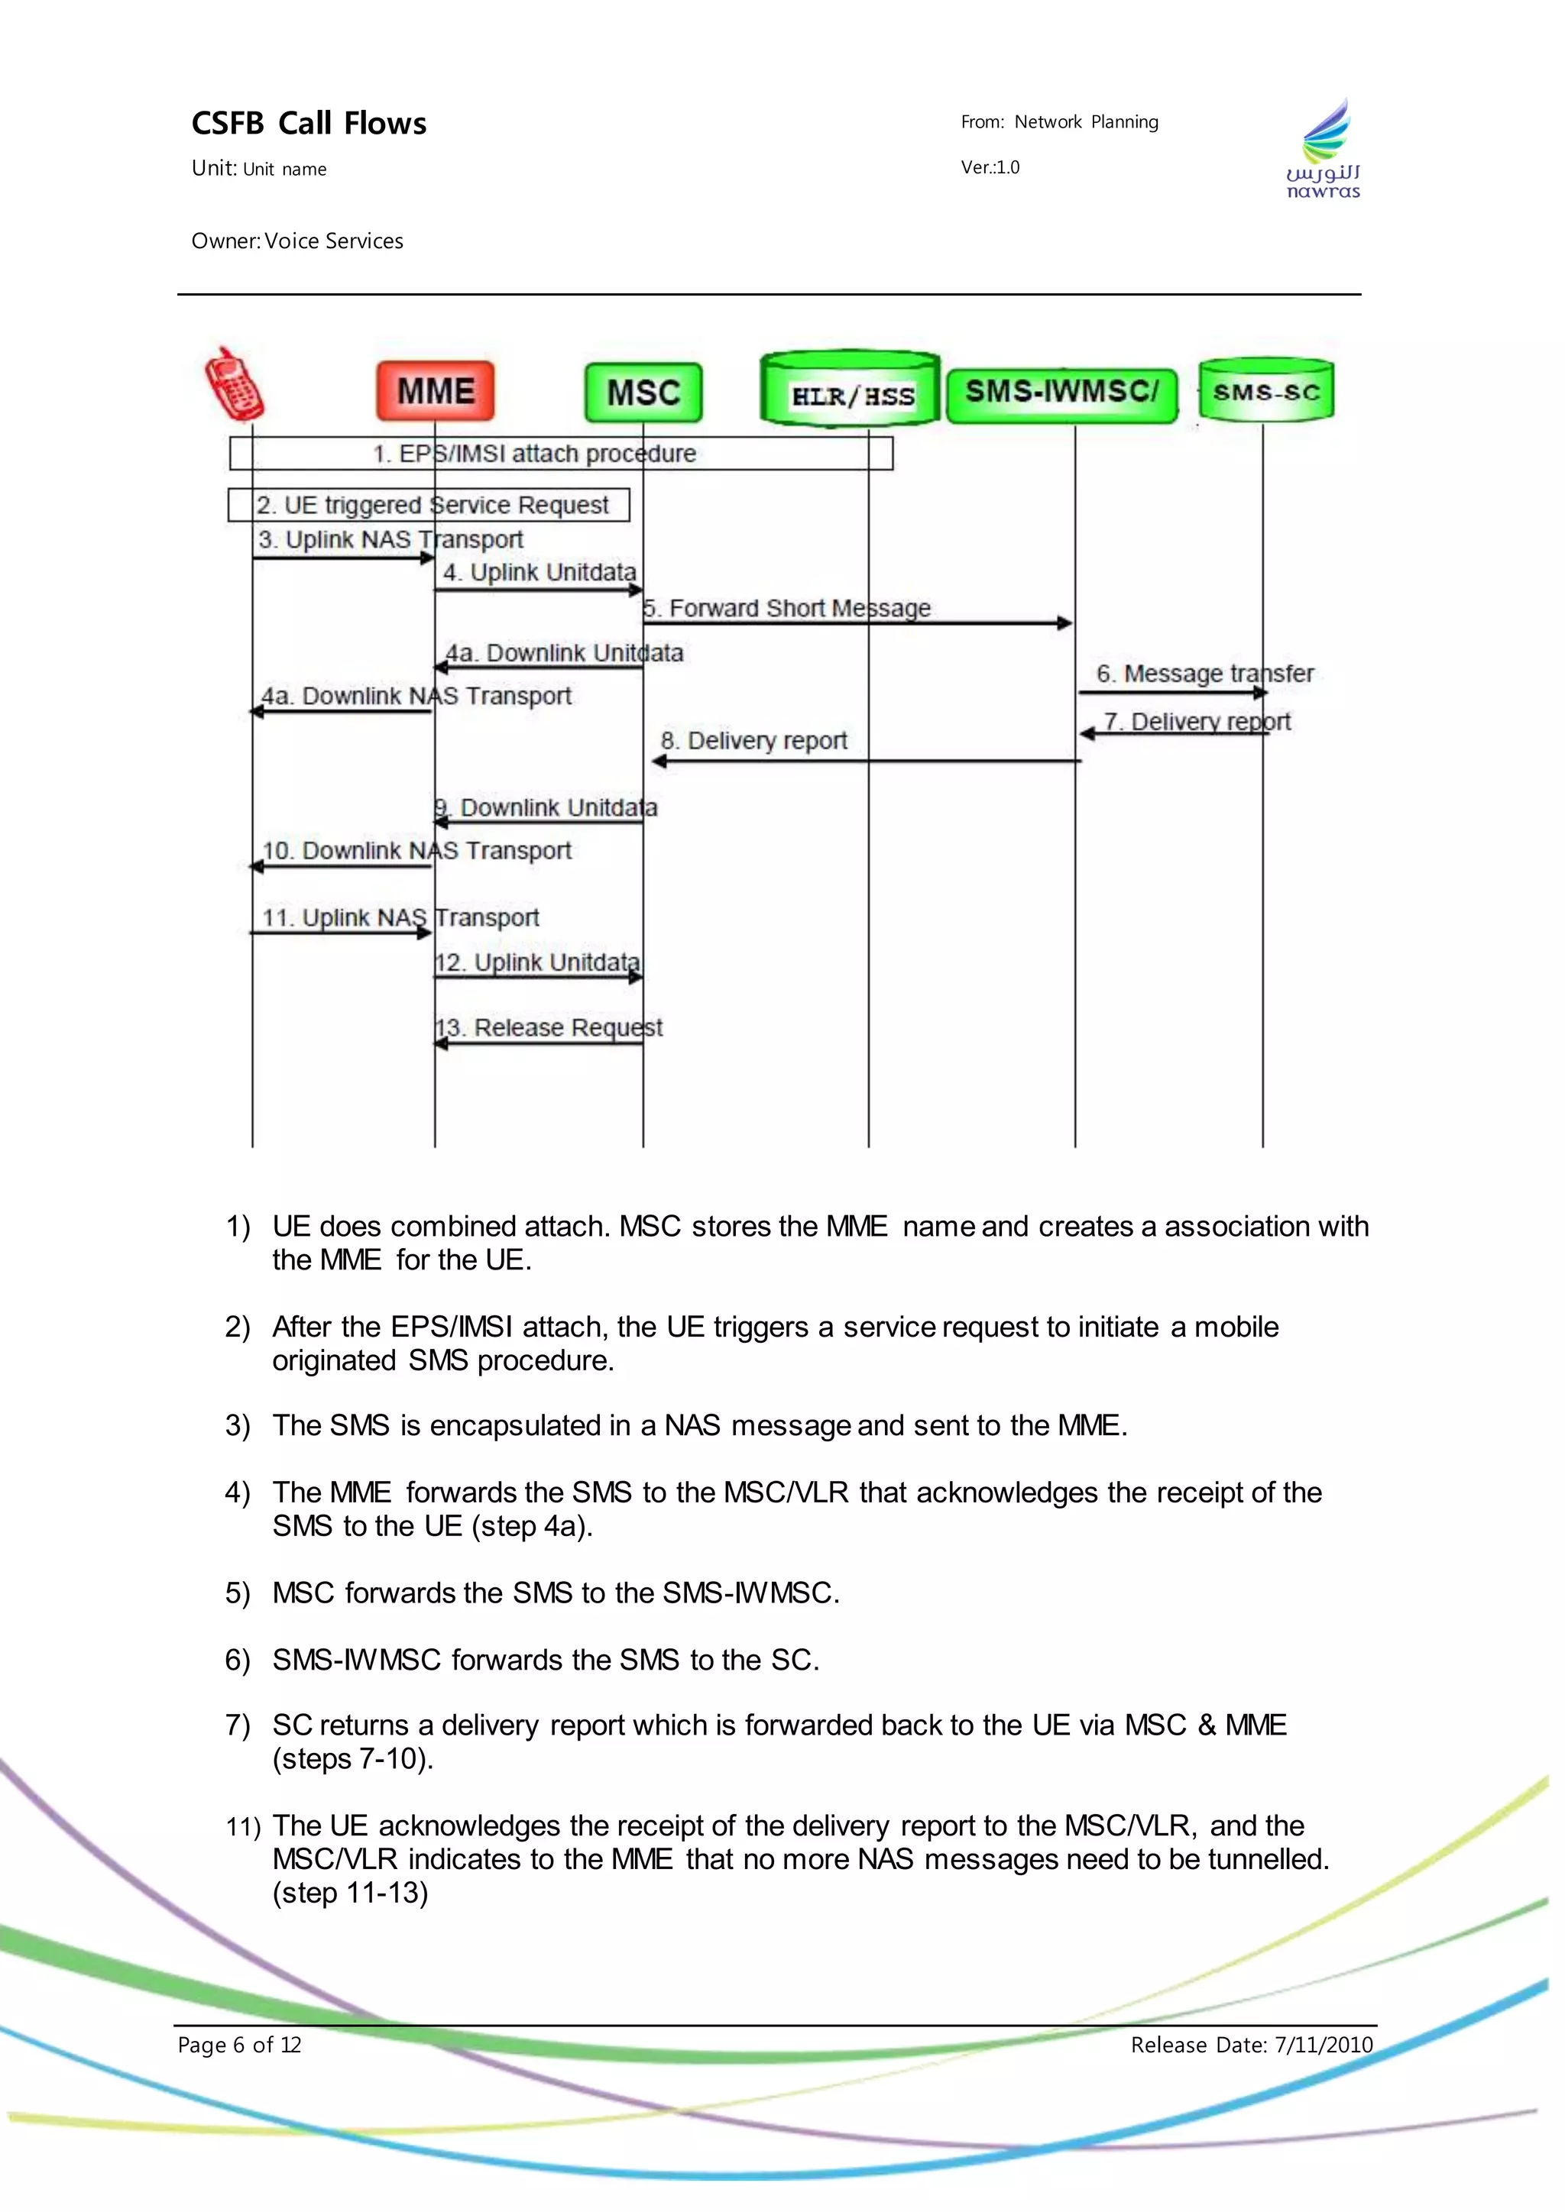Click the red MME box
(436, 391)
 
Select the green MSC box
(643, 392)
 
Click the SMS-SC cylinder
(1266, 391)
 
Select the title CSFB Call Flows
(309, 123)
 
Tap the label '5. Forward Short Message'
(787, 609)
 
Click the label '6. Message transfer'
(1204, 674)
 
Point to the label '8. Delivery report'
(753, 741)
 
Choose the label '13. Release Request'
(549, 1028)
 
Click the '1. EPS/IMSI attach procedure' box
(561, 454)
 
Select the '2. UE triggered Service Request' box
(429, 505)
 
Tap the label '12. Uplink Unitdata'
(538, 962)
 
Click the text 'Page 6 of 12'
(239, 2045)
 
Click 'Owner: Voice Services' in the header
(296, 241)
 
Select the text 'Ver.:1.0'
(990, 167)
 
